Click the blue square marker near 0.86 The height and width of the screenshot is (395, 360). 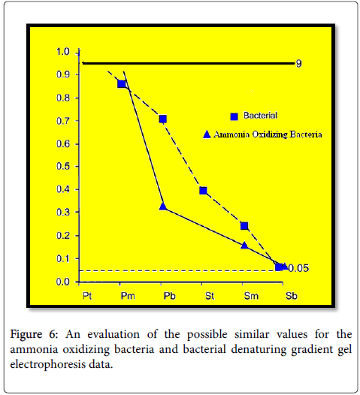click(x=122, y=83)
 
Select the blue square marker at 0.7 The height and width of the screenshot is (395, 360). click(x=163, y=119)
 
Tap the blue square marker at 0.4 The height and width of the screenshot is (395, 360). click(x=203, y=191)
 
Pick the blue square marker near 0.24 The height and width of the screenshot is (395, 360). click(x=244, y=226)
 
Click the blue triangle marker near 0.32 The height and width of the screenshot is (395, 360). click(x=163, y=207)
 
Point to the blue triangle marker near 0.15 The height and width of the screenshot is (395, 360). click(x=244, y=245)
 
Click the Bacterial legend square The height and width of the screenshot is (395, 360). click(x=234, y=116)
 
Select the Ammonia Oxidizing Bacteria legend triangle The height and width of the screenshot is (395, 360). click(x=207, y=134)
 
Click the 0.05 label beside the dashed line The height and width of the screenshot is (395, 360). click(x=298, y=268)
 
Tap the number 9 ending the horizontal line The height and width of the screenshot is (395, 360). click(x=298, y=64)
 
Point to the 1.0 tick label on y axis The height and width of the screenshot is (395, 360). click(x=63, y=52)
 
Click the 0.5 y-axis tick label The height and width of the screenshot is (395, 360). click(x=63, y=166)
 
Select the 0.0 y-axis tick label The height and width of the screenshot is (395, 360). click(x=63, y=282)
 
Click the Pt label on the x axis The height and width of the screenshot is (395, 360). click(x=87, y=296)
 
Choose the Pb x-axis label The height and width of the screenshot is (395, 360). click(x=169, y=296)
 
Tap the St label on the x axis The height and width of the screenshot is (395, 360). click(x=210, y=296)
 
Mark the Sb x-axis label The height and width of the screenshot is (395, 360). click(x=292, y=296)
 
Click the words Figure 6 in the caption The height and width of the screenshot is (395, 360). click(x=34, y=335)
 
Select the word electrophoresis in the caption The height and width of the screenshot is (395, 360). click(x=48, y=364)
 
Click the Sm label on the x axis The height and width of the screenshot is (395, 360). click(x=251, y=296)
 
